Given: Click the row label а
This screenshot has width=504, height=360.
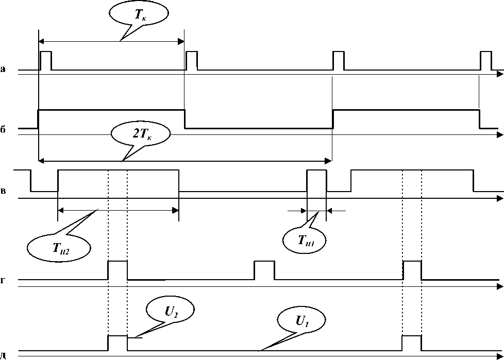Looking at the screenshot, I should click(x=3, y=68).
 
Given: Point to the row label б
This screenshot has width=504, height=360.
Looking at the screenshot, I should click(x=3, y=129).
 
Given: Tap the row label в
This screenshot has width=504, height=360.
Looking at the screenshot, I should click(x=3, y=192).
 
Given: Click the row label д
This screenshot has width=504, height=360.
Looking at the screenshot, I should click(x=3, y=355).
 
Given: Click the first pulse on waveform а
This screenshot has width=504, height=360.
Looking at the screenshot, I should click(x=46, y=60).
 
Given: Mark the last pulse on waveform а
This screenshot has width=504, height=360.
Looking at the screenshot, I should click(x=485, y=60).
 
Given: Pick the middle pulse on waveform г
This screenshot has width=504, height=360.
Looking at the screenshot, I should click(x=264, y=270).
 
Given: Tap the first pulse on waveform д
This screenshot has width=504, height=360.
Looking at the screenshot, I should click(x=117, y=342).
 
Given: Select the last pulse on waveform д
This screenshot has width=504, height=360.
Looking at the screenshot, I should click(x=412, y=342).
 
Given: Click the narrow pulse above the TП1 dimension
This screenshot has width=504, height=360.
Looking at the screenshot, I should click(x=316, y=180).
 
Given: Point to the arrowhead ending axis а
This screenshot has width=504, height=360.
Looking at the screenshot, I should click(x=500, y=75).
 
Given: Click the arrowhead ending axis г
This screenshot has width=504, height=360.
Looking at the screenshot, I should click(x=500, y=286).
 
